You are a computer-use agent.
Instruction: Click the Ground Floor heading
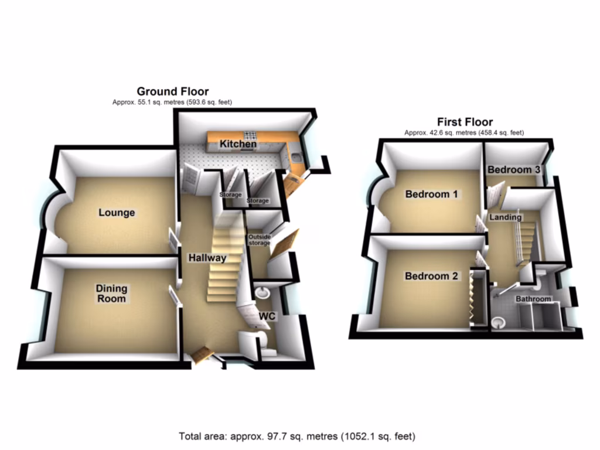(172, 91)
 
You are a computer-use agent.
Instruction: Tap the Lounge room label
(117, 213)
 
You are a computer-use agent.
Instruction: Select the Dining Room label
(111, 294)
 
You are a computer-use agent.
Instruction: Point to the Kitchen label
(238, 144)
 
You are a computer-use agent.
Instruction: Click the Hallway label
(207, 258)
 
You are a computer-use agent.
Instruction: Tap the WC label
(267, 316)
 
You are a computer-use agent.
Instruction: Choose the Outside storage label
(259, 240)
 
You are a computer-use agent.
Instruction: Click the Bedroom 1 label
(432, 195)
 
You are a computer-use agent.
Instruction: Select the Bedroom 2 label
(432, 277)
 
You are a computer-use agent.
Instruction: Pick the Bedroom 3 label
(514, 170)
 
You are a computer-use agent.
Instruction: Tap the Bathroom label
(533, 299)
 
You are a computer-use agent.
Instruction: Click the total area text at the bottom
(297, 437)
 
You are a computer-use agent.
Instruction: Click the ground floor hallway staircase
(225, 264)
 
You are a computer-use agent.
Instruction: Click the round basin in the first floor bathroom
(499, 322)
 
